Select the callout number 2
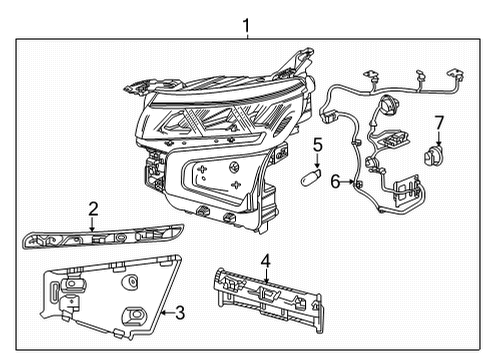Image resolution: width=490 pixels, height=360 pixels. [93, 209]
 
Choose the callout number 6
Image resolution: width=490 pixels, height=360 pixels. [336, 182]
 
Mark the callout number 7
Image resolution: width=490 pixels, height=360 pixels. [437, 122]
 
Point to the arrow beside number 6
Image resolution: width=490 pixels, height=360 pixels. [347, 182]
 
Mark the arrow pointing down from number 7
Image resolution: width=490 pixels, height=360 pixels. [437, 137]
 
